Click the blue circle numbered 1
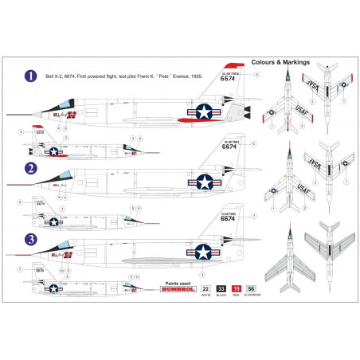30,76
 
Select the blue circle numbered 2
30,168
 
